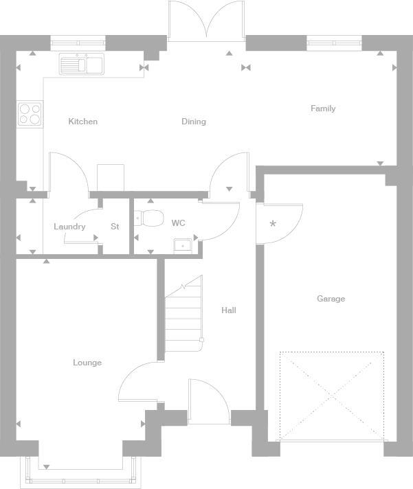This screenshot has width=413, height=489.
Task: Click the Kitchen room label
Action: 83,122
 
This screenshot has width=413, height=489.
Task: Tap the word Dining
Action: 194,122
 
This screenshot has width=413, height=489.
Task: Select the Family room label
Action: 323,109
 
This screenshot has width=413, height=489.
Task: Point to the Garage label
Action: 331,299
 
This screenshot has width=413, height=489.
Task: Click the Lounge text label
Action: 87,363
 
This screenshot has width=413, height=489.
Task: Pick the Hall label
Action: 229,310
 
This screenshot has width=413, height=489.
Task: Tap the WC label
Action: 178,223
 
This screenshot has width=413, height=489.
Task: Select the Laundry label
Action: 69,227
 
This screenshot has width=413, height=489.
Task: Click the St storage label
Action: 115,227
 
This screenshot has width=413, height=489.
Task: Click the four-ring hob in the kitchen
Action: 30,113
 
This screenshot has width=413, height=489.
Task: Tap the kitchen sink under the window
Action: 81,65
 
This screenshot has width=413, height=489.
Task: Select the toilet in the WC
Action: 150,218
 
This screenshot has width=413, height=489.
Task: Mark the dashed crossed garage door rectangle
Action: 331,396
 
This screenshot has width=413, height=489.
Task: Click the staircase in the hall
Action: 183,312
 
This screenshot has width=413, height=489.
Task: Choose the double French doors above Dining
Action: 205,21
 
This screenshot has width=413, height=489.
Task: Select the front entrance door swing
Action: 208,402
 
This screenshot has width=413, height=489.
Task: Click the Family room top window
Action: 334,43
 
